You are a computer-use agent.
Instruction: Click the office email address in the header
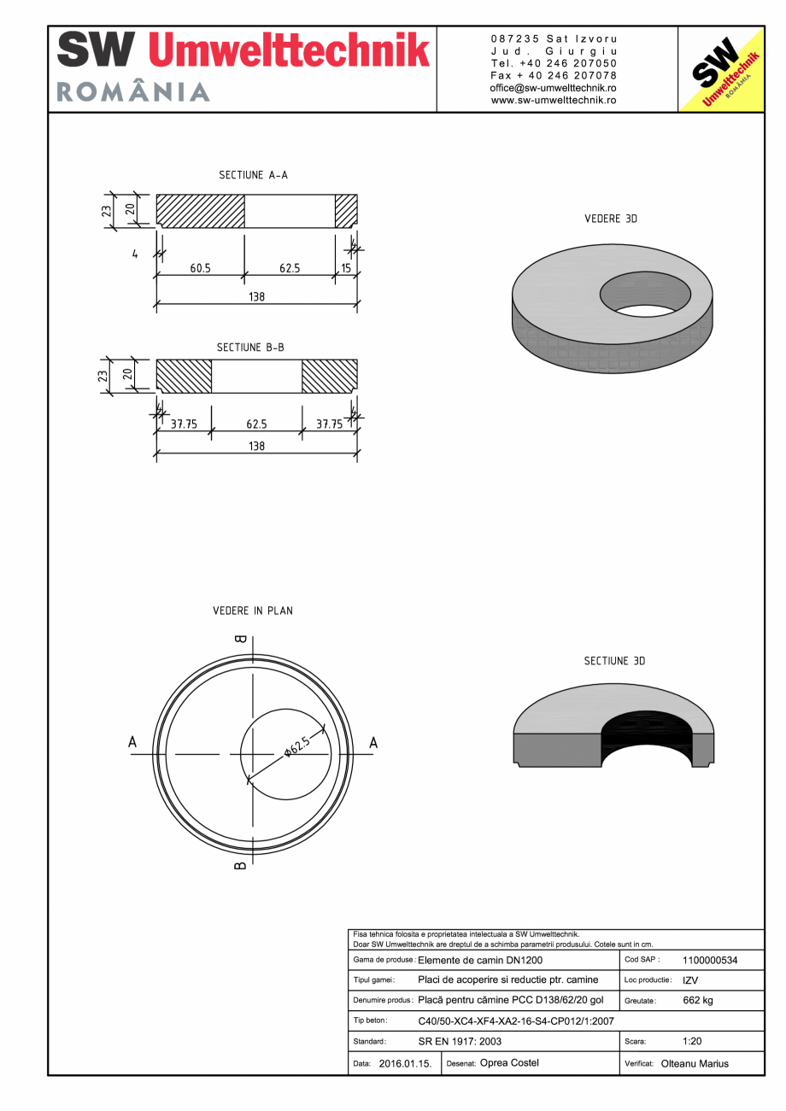[x=554, y=88]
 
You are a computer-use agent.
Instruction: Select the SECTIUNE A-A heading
[x=253, y=175]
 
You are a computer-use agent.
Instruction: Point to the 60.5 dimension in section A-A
[x=200, y=268]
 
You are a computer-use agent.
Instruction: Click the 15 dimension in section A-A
[x=346, y=268]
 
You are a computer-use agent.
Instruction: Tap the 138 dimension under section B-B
[x=256, y=446]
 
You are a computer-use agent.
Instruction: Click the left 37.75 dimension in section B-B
[x=184, y=424]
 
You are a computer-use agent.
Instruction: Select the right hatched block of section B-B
[x=329, y=377]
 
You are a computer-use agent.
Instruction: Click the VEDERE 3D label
[x=611, y=219]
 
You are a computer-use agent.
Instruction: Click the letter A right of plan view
[x=373, y=743]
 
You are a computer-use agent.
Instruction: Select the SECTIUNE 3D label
[x=614, y=661]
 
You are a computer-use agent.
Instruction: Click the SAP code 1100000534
[x=710, y=960]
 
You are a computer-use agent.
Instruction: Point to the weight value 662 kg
[x=698, y=1000]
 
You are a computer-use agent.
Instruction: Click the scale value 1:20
[x=692, y=1042]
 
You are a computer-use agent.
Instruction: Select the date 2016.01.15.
[x=405, y=1064]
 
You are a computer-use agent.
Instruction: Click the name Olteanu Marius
[x=695, y=1064]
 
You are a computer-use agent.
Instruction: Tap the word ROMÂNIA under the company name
[x=133, y=92]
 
